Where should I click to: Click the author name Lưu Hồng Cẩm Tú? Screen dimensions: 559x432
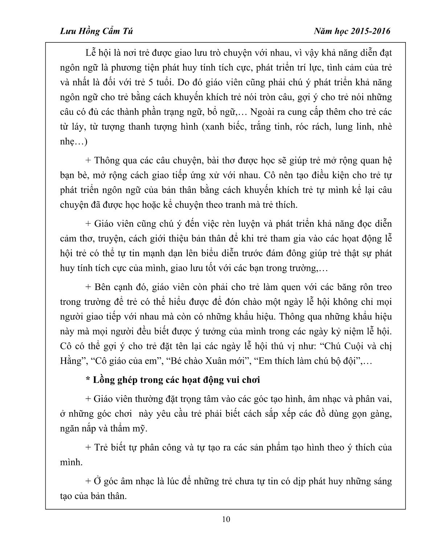tap(96, 31)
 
